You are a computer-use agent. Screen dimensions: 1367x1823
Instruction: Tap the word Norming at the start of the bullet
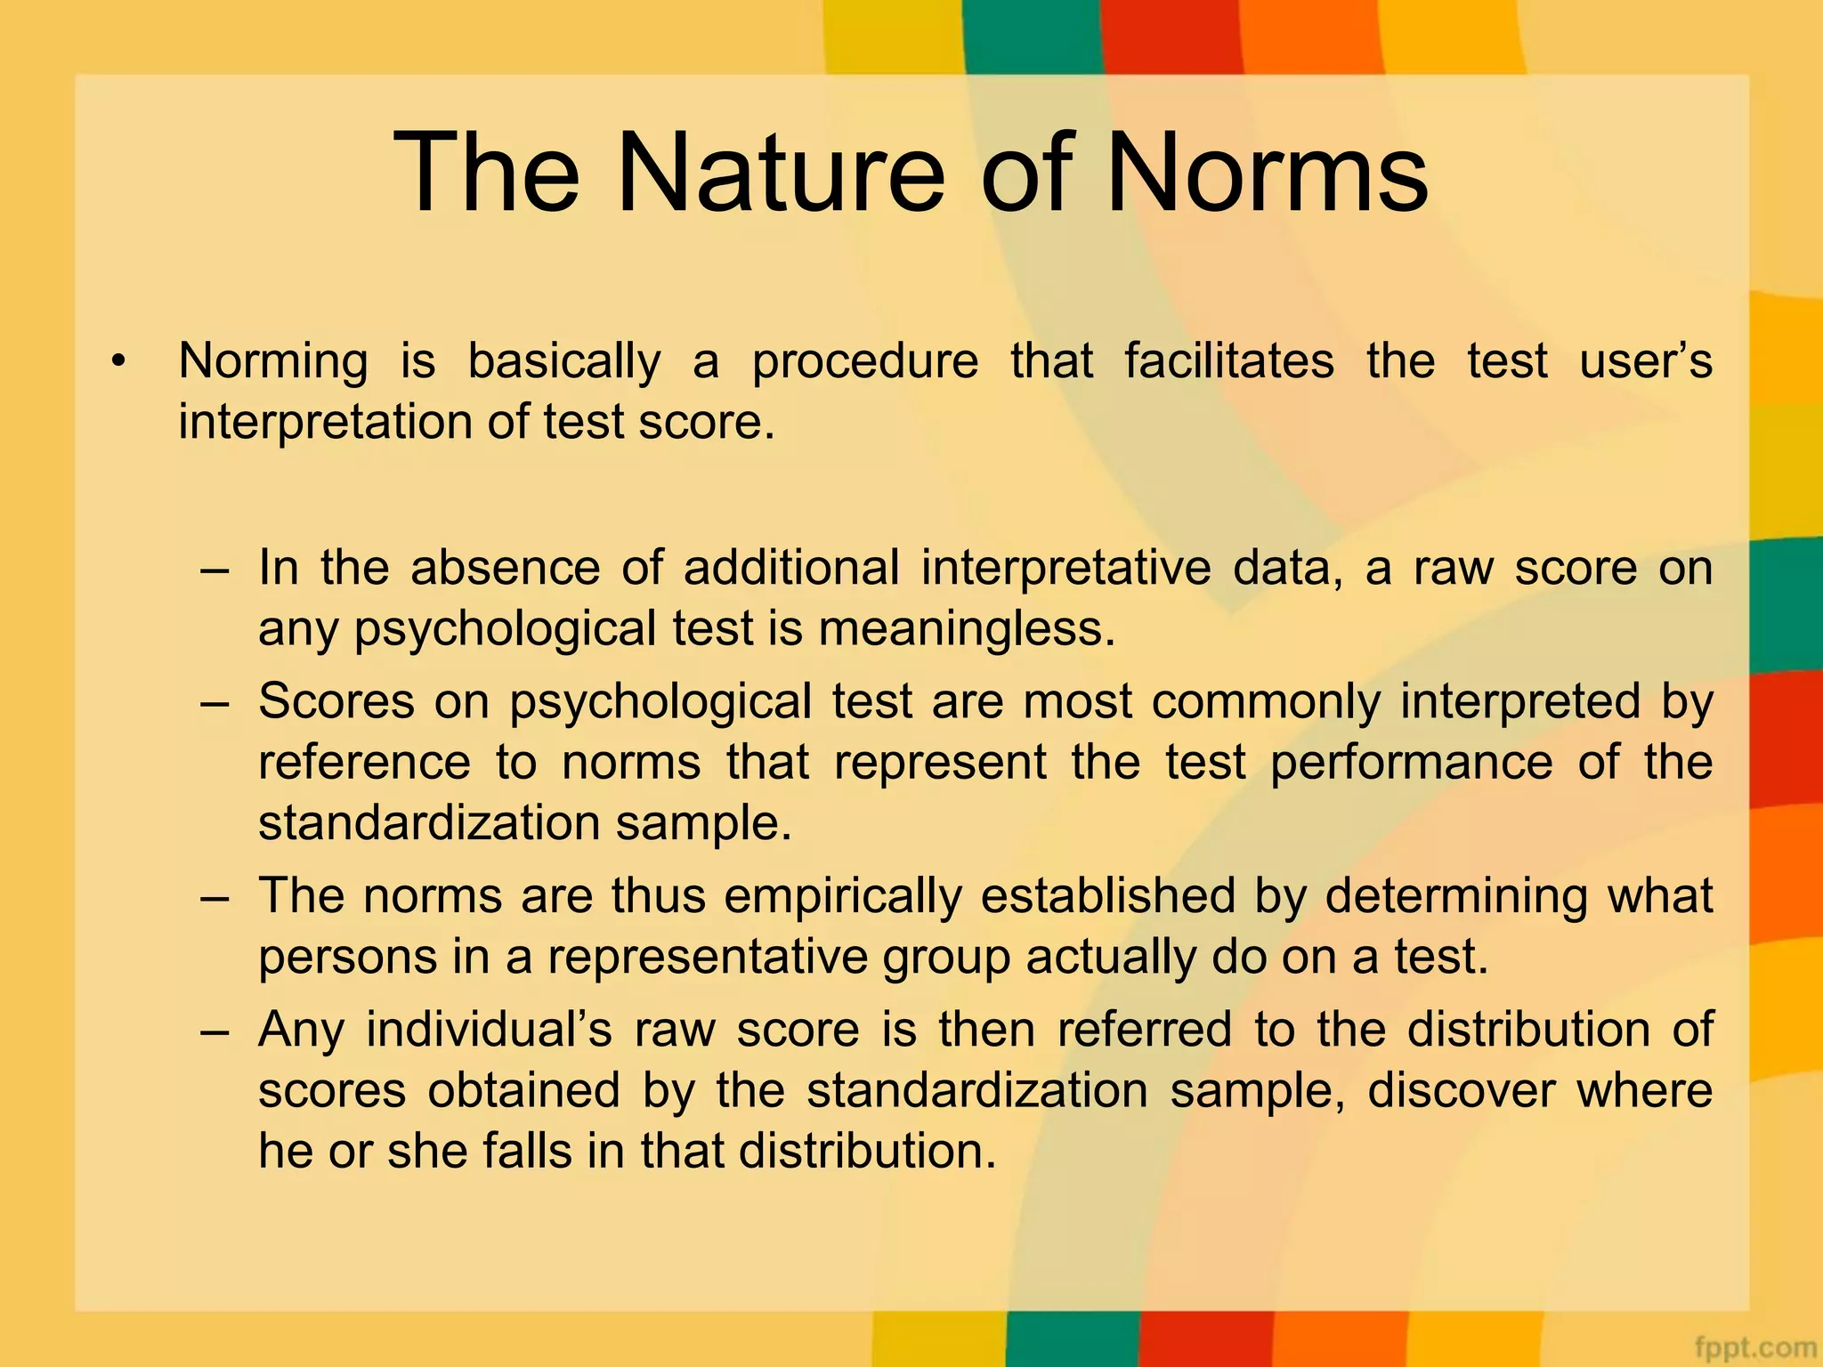tap(272, 361)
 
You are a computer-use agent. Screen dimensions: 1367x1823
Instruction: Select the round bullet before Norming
tap(117, 361)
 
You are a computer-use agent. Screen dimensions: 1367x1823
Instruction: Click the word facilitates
tap(1228, 361)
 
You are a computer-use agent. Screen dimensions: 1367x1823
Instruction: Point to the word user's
tap(1645, 361)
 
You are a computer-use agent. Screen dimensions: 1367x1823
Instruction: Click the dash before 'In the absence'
tap(215, 569)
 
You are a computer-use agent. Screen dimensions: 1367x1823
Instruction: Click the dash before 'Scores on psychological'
tap(215, 702)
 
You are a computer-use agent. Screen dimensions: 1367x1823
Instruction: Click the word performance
tap(1411, 762)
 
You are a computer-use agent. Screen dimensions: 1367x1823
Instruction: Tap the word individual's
tap(489, 1030)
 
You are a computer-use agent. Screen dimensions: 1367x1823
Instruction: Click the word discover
tap(1461, 1090)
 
